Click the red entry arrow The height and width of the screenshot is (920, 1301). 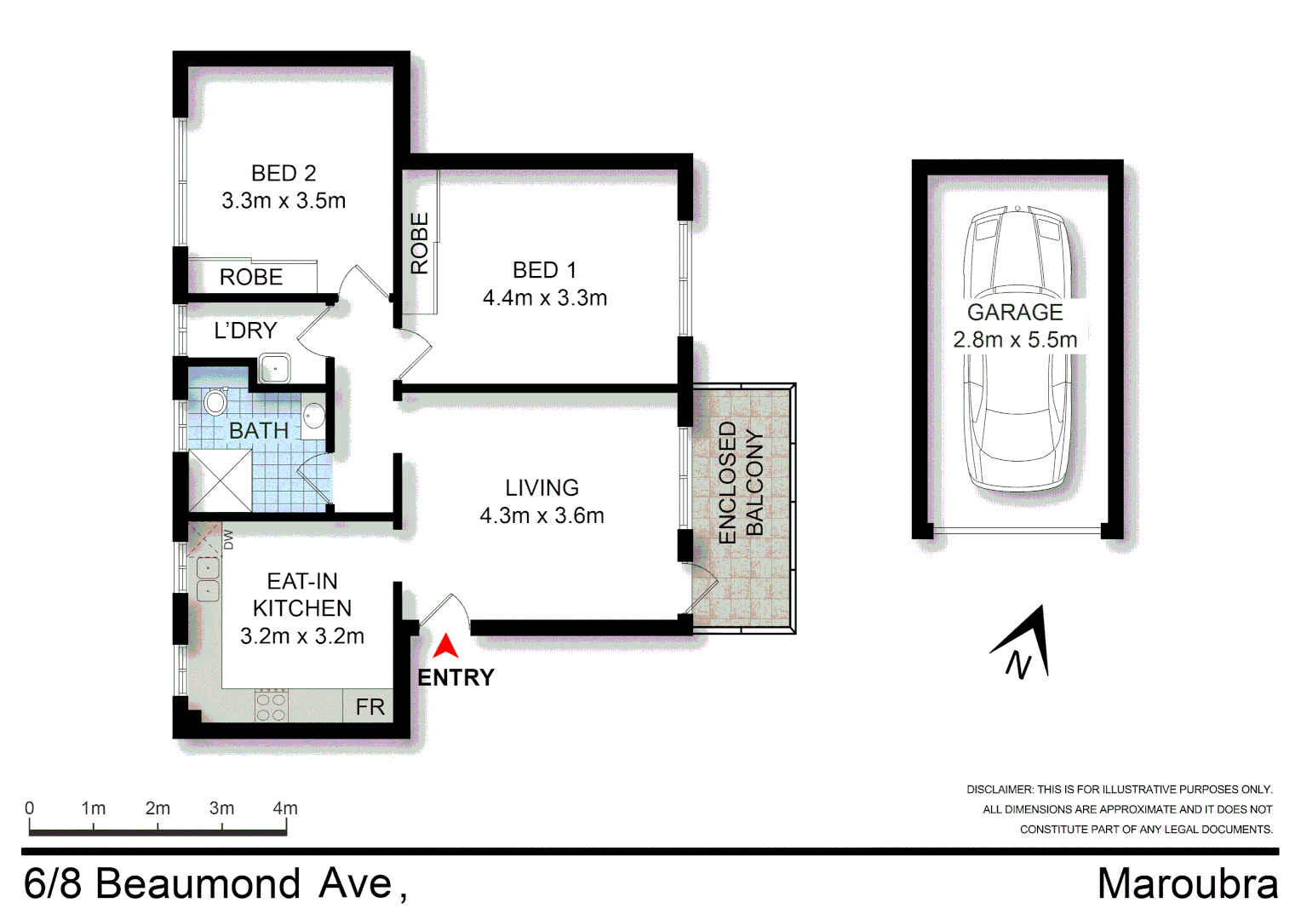445,647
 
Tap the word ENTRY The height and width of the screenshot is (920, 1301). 456,678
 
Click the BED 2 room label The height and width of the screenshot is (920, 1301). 284,174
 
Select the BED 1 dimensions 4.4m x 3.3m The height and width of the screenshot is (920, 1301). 545,298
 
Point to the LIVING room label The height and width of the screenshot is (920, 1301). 542,488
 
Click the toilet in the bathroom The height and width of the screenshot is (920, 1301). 215,400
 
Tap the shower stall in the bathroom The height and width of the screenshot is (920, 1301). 221,480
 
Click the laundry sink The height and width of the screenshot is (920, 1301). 275,369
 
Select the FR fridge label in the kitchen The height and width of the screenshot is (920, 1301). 370,707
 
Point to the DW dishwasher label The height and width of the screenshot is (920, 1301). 227,539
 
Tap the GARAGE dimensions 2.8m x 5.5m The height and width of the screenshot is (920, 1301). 1015,340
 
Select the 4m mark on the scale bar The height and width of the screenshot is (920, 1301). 285,808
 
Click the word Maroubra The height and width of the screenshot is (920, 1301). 1187,884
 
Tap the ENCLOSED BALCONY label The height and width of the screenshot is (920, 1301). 741,482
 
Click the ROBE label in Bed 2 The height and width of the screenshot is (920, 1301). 251,278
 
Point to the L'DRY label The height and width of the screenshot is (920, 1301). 245,331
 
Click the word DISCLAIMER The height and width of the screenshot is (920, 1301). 999,790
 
